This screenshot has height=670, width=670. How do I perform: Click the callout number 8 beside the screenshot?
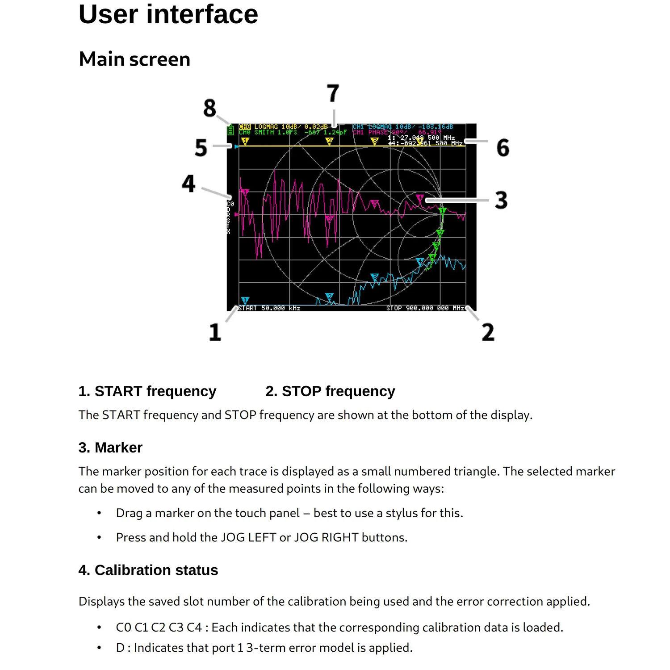coord(209,108)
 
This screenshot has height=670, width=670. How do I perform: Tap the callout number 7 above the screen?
coord(333,94)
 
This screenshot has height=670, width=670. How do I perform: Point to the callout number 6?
coord(503,148)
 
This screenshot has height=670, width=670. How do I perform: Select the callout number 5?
coord(201,148)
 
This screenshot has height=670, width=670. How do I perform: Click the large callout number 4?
coord(188,184)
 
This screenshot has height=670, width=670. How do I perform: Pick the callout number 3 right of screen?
coord(501,200)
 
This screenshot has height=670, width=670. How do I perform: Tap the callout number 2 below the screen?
coord(488,332)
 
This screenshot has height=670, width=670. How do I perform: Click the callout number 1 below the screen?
coord(215,332)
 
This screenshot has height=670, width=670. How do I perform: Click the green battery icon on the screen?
coord(230,130)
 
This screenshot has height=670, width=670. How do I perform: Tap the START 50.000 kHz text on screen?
coord(269,308)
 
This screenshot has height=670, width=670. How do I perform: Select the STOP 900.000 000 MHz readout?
coord(425,308)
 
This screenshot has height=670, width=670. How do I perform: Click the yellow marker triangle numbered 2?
coord(329,141)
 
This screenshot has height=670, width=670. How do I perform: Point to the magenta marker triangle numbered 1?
coord(245,192)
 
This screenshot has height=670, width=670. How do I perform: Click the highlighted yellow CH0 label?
coord(245,127)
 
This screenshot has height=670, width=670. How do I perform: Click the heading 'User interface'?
coord(168,14)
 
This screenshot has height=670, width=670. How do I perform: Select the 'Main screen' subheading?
coord(134,59)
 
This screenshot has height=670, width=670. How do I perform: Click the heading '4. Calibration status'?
coord(148,570)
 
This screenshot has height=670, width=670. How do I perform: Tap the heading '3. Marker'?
coord(110,448)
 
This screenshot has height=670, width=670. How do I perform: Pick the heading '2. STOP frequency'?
coord(330,391)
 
